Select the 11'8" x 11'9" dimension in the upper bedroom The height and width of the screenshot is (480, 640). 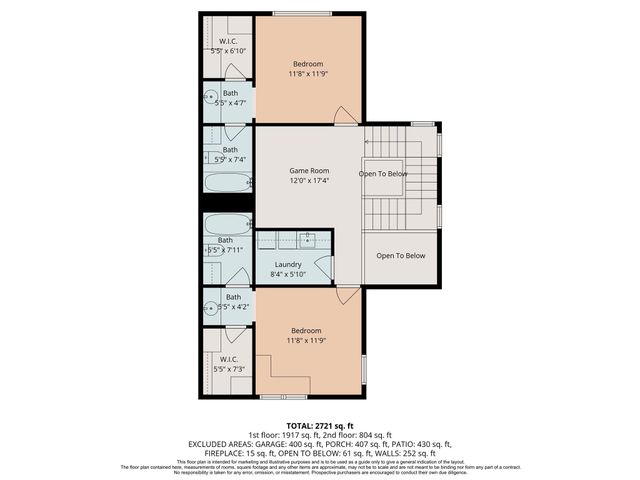coord(307,73)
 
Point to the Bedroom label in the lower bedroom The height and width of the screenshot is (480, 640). coord(306,331)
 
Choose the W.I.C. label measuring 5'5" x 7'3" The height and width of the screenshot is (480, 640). coord(229,359)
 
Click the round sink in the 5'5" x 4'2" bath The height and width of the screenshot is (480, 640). coord(211,307)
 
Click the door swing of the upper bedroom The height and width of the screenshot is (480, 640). coord(345,116)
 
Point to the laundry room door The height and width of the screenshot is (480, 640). coord(323,267)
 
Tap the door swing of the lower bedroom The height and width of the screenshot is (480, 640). coord(345,296)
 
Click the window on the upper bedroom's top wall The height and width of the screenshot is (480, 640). coord(297,14)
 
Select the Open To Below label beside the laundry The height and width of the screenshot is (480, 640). coord(400,256)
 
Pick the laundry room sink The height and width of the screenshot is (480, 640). coord(309,240)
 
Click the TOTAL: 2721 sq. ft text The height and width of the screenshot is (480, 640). coord(319,426)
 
